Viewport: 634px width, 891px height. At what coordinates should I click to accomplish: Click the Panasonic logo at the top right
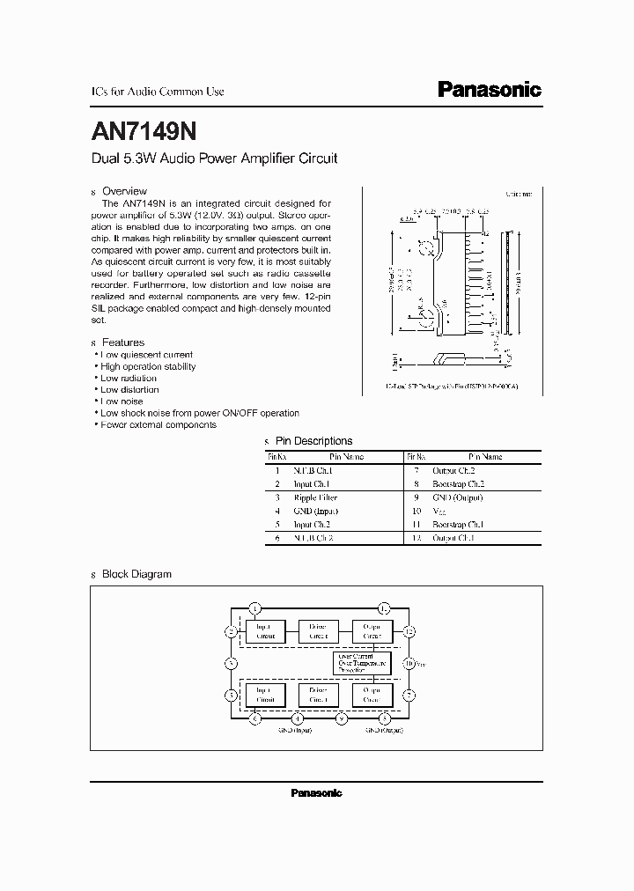coord(490,90)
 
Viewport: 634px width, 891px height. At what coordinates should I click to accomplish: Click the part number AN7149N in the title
coord(144,130)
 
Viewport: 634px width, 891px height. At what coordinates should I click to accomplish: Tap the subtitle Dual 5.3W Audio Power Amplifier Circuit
coord(215,159)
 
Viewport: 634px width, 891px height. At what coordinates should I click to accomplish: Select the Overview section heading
coord(124,191)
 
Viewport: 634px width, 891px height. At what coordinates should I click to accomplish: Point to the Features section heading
coord(123,342)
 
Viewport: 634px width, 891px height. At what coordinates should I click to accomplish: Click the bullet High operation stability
coord(148,366)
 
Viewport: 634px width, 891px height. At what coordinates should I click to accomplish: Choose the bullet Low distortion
coord(129,389)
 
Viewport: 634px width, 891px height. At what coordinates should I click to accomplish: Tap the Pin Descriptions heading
coord(314,441)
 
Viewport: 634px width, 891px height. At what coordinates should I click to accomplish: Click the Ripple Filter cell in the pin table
coord(317,497)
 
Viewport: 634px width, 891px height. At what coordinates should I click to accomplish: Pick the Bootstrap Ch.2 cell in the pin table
coord(459,484)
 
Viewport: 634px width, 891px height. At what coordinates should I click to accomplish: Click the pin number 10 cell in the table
coord(417,511)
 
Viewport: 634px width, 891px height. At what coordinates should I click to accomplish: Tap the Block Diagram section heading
coord(136,574)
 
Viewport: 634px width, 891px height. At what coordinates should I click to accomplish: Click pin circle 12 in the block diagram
coord(409,631)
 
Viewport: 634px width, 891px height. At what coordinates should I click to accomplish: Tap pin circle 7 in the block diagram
coord(409,695)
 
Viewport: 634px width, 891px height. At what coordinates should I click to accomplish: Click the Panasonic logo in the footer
coord(316,793)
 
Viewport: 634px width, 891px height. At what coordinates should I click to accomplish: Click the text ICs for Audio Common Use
coord(158,92)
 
